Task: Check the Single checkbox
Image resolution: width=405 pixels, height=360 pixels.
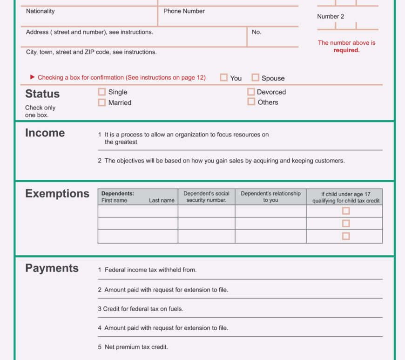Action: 101,92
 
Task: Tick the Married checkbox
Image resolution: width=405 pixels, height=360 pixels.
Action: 101,102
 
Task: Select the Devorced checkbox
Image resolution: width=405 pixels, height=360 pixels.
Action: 251,92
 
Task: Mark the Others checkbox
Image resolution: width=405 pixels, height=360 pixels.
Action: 251,102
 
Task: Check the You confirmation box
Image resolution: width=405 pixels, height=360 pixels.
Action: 224,78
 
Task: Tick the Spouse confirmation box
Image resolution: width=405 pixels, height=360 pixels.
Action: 255,78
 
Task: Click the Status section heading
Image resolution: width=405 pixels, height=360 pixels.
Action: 42,94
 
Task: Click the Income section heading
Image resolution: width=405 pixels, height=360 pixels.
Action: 45,133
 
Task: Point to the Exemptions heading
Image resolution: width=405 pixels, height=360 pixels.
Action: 57,194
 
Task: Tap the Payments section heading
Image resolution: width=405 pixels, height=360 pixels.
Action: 52,268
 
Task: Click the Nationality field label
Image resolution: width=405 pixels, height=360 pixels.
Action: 40,11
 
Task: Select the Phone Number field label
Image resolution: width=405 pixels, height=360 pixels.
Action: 184,11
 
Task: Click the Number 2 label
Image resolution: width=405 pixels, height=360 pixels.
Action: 331,17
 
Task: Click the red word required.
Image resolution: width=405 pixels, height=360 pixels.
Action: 346,50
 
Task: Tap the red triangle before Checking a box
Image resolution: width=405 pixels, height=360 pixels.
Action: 33,77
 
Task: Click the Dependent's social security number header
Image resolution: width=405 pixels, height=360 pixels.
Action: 206,197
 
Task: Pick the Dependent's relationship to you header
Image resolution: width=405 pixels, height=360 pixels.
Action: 270,197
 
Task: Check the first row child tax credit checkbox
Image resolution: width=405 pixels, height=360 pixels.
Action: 346,211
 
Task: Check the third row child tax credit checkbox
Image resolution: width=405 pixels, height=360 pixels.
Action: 346,236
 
